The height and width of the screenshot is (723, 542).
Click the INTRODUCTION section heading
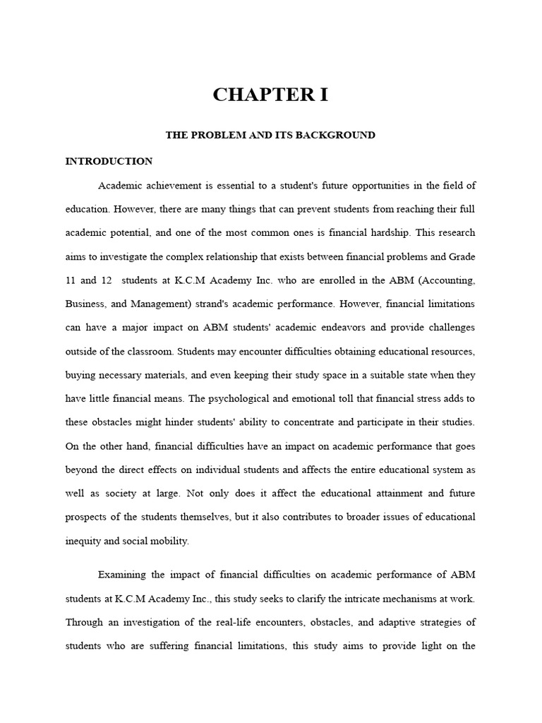point(109,161)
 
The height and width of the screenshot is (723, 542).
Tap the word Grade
point(462,256)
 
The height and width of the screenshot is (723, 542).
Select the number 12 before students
point(107,280)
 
